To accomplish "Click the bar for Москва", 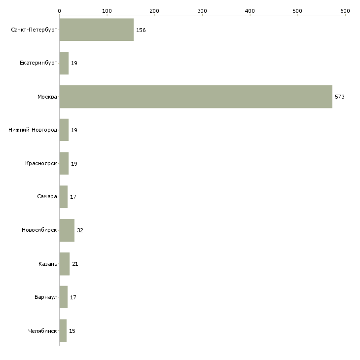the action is (196, 97).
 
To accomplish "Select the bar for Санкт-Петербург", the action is (97, 30).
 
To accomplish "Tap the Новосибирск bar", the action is (67, 230).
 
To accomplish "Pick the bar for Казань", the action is (65, 264).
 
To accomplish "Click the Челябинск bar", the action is (63, 330).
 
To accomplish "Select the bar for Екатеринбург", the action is (64, 63).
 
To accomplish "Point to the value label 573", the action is (340, 97).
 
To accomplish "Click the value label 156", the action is (141, 30).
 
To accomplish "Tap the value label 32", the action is (80, 230).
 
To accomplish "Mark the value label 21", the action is (75, 264).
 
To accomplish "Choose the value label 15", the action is (72, 331).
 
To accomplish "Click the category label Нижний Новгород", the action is (33, 130).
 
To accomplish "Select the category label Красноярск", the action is (41, 163).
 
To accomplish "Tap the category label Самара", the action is (47, 197).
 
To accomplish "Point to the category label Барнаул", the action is (46, 297).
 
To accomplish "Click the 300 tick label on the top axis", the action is (202, 11).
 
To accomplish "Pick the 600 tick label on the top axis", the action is (345, 11).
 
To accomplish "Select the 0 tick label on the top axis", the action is (60, 11).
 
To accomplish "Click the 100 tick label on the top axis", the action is (107, 11).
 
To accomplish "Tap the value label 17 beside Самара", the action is (73, 197).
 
